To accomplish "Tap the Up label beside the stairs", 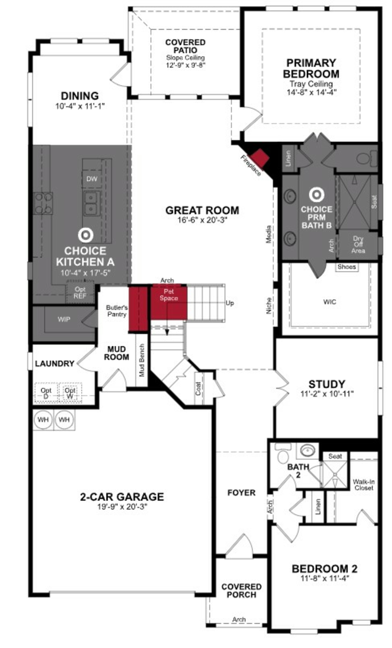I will point(229,303).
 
